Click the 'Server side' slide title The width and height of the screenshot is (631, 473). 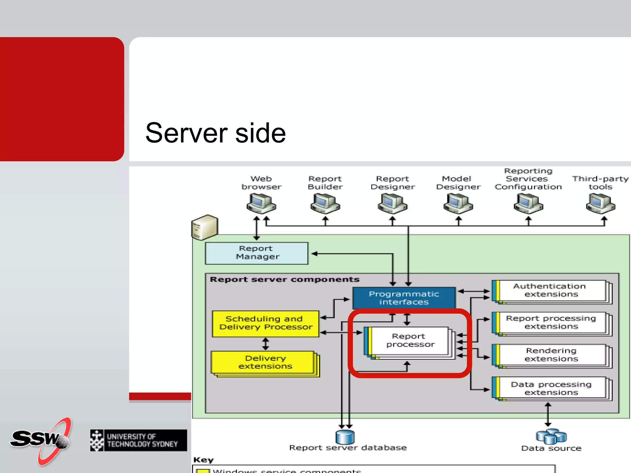[215, 133]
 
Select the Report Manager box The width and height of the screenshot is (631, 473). [256, 253]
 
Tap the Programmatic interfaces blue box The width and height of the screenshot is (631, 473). [404, 298]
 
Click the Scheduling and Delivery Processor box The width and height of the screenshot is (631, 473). [265, 323]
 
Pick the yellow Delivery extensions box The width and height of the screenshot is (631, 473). [264, 362]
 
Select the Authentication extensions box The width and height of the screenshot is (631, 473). [551, 290]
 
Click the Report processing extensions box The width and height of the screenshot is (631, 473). [551, 322]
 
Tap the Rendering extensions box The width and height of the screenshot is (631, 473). [551, 355]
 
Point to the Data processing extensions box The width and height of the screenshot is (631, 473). [551, 388]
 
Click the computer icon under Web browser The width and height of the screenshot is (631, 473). [261, 204]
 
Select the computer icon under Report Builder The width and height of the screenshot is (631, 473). [325, 204]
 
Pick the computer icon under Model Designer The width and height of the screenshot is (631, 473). [458, 204]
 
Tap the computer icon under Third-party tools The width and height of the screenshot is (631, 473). [600, 204]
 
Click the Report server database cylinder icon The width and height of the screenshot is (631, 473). [345, 437]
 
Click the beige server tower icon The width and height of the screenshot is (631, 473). [204, 228]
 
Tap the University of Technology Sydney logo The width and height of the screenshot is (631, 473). [138, 440]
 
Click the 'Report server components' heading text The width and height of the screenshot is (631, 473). [284, 280]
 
